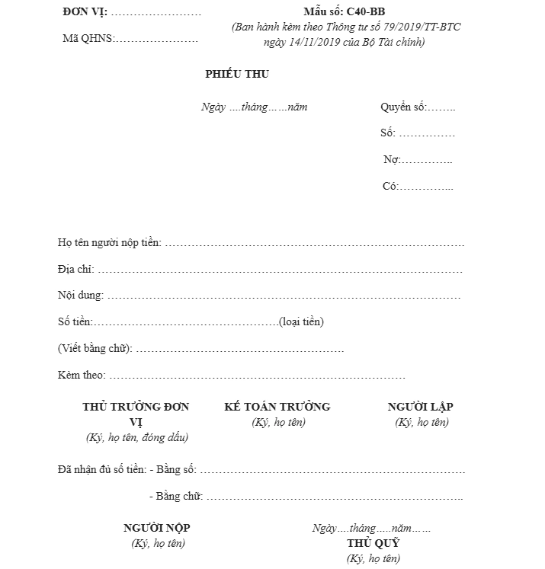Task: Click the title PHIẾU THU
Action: pos(237,74)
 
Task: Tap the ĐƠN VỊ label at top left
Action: pos(85,13)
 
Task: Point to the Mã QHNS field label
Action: pos(87,38)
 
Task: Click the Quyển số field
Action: pos(418,107)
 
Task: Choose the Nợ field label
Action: pos(392,160)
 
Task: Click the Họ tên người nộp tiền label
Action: pos(109,243)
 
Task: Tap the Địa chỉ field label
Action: pos(75,270)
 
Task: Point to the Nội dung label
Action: pos(79,296)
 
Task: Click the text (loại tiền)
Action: pos(302,321)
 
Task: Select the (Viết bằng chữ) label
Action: pos(95,349)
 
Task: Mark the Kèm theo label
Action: pos(81,376)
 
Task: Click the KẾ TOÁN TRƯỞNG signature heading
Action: pos(277,407)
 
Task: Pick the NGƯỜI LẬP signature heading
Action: pos(421,407)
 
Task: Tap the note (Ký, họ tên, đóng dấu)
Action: pos(137,437)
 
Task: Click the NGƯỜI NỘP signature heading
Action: pos(157,528)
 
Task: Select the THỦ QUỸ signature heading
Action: pos(373,543)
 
